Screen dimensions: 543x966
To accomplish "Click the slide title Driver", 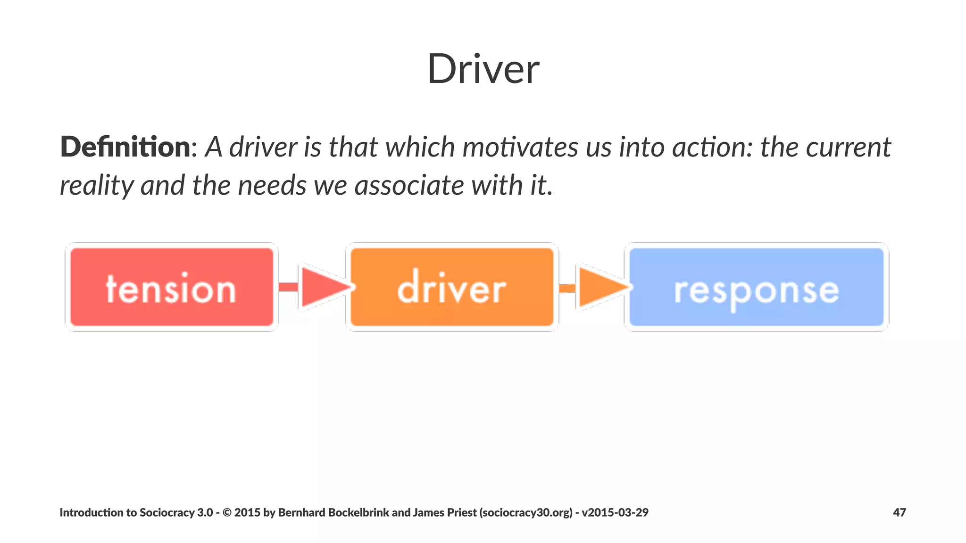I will [x=483, y=69].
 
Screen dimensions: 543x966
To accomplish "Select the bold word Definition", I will [x=125, y=147].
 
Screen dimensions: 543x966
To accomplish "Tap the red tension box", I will [x=172, y=288].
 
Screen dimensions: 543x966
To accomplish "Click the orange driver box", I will [x=452, y=288].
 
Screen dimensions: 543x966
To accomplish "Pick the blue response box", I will [x=757, y=288].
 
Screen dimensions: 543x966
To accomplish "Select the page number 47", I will [x=899, y=512].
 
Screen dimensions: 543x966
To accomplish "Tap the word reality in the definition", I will [x=97, y=185].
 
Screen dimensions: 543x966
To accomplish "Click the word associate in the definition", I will [x=409, y=185].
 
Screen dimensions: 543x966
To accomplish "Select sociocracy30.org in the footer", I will [x=526, y=512].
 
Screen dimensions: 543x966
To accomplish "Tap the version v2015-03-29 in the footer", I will [x=615, y=512].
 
